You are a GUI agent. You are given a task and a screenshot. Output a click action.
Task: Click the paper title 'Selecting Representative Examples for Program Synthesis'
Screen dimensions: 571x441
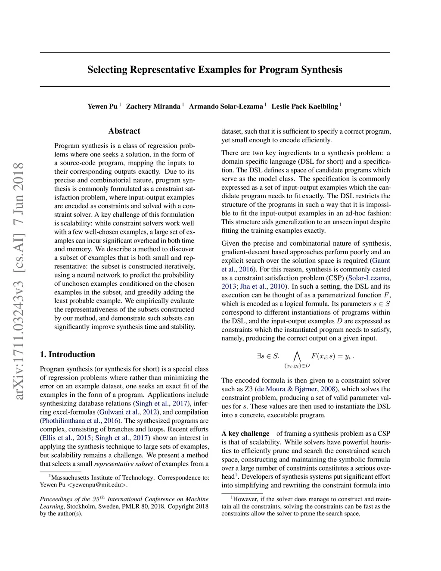click(x=215, y=70)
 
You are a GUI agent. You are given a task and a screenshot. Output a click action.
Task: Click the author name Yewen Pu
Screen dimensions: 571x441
click(x=102, y=106)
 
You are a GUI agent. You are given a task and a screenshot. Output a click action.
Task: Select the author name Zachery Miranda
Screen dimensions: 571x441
click(x=153, y=106)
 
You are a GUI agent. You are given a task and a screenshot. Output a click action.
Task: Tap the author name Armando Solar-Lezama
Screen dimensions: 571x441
click(x=226, y=106)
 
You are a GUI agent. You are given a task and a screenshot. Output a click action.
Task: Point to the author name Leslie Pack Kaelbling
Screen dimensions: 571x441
click(x=304, y=106)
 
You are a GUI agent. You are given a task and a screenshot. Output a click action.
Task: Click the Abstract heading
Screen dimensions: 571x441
click(x=124, y=131)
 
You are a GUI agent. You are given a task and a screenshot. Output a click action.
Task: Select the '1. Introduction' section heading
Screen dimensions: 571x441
click(x=68, y=355)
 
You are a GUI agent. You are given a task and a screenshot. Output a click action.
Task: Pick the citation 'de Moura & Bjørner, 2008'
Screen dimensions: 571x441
click(x=296, y=389)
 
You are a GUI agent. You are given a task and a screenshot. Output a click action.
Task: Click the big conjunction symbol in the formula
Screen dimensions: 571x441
click(x=297, y=356)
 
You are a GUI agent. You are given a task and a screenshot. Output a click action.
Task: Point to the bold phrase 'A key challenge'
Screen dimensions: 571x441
click(x=245, y=434)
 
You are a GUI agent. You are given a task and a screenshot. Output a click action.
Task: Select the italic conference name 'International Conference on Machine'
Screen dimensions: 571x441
click(x=158, y=499)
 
